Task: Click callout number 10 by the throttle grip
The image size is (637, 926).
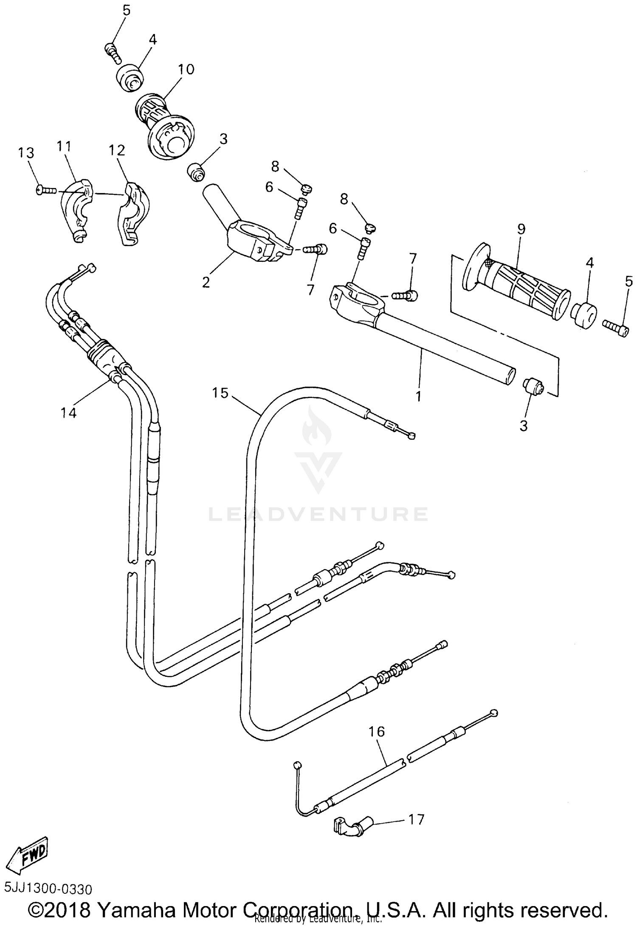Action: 186,69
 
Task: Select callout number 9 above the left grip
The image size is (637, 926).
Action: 521,230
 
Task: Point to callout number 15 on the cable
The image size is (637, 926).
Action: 220,393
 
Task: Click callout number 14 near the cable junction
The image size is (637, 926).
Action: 68,412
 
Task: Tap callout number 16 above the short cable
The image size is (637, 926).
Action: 377,732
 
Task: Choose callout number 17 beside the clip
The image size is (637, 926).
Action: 416,819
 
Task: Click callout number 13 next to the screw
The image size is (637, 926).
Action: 26,153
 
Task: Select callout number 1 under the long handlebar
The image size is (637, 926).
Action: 418,396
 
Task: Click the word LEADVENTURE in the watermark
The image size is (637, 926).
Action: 318,514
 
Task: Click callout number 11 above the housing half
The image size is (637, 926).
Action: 64,146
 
